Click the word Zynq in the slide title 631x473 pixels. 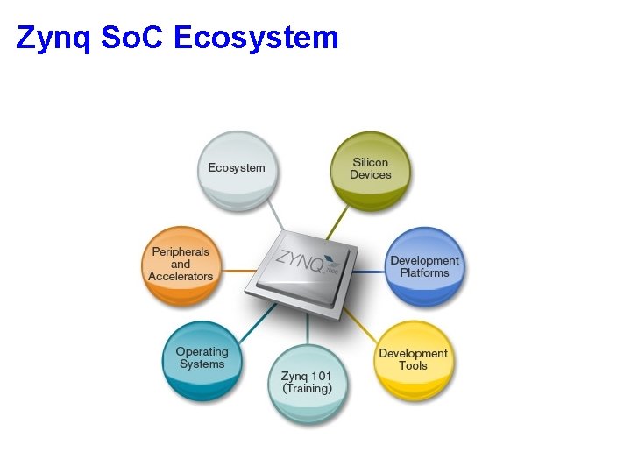[x=53, y=39]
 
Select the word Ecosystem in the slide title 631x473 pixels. [x=256, y=39]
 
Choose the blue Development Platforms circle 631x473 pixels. [x=424, y=266]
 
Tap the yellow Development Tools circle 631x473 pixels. [x=413, y=360]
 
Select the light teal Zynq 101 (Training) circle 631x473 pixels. [x=307, y=383]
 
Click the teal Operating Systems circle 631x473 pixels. [x=202, y=359]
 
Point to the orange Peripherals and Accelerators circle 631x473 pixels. [x=181, y=265]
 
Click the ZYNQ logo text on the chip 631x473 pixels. [x=298, y=260]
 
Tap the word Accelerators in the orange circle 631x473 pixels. [x=181, y=277]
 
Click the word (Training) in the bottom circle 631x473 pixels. [x=307, y=389]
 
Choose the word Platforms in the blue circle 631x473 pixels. [x=424, y=273]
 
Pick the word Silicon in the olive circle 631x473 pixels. [x=371, y=163]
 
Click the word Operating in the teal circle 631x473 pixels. [x=202, y=352]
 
